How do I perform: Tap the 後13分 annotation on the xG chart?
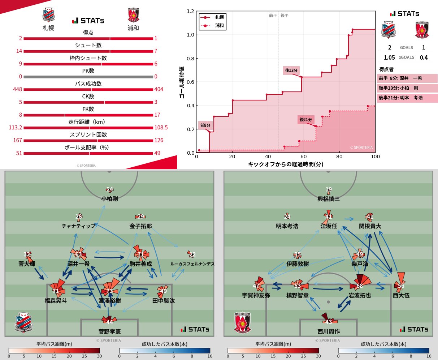click(291, 70)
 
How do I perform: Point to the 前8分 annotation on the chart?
click(205, 125)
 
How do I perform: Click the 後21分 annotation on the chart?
click(306, 120)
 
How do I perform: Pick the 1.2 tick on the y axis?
click(190, 12)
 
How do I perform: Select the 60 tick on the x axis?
click(304, 157)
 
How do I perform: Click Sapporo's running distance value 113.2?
click(16, 128)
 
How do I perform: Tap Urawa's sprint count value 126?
click(159, 140)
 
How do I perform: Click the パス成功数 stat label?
click(88, 83)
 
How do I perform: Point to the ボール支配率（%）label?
click(88, 147)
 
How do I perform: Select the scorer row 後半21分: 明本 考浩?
click(400, 98)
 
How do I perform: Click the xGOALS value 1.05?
click(389, 57)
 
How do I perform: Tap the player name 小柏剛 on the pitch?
click(109, 199)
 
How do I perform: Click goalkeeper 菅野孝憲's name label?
click(109, 331)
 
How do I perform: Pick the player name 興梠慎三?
click(328, 199)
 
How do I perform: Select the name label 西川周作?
click(328, 331)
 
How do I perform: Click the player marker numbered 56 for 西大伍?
click(401, 286)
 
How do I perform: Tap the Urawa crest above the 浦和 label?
click(133, 15)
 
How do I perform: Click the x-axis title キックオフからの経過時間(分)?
click(286, 164)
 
